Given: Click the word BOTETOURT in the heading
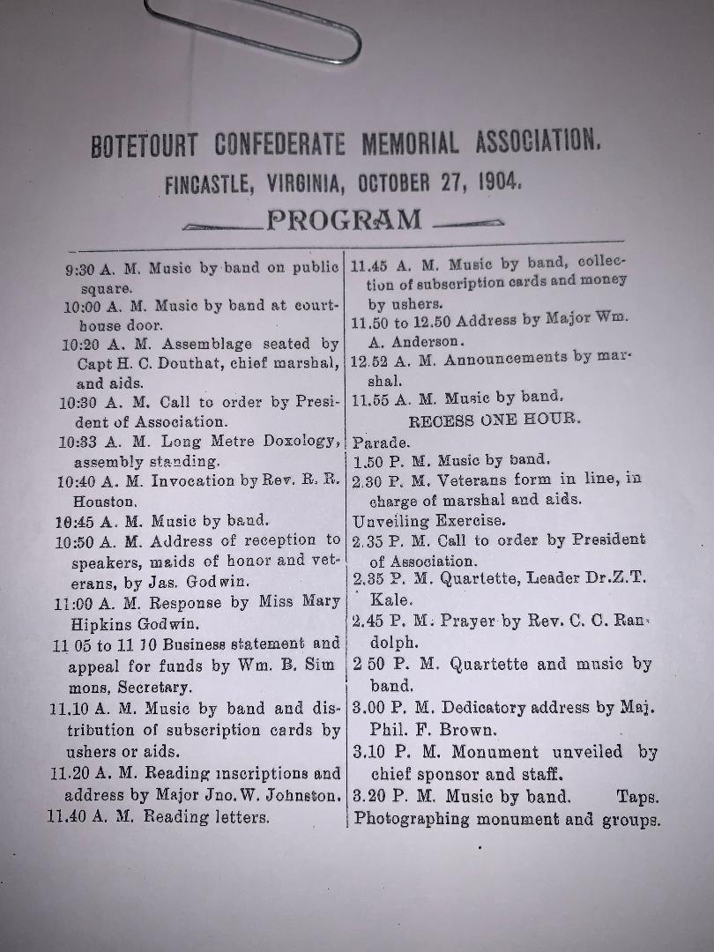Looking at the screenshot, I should point(148,145).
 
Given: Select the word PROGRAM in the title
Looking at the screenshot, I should point(344,219).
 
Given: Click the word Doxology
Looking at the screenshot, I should point(286,441).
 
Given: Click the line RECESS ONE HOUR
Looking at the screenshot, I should point(495,420).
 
